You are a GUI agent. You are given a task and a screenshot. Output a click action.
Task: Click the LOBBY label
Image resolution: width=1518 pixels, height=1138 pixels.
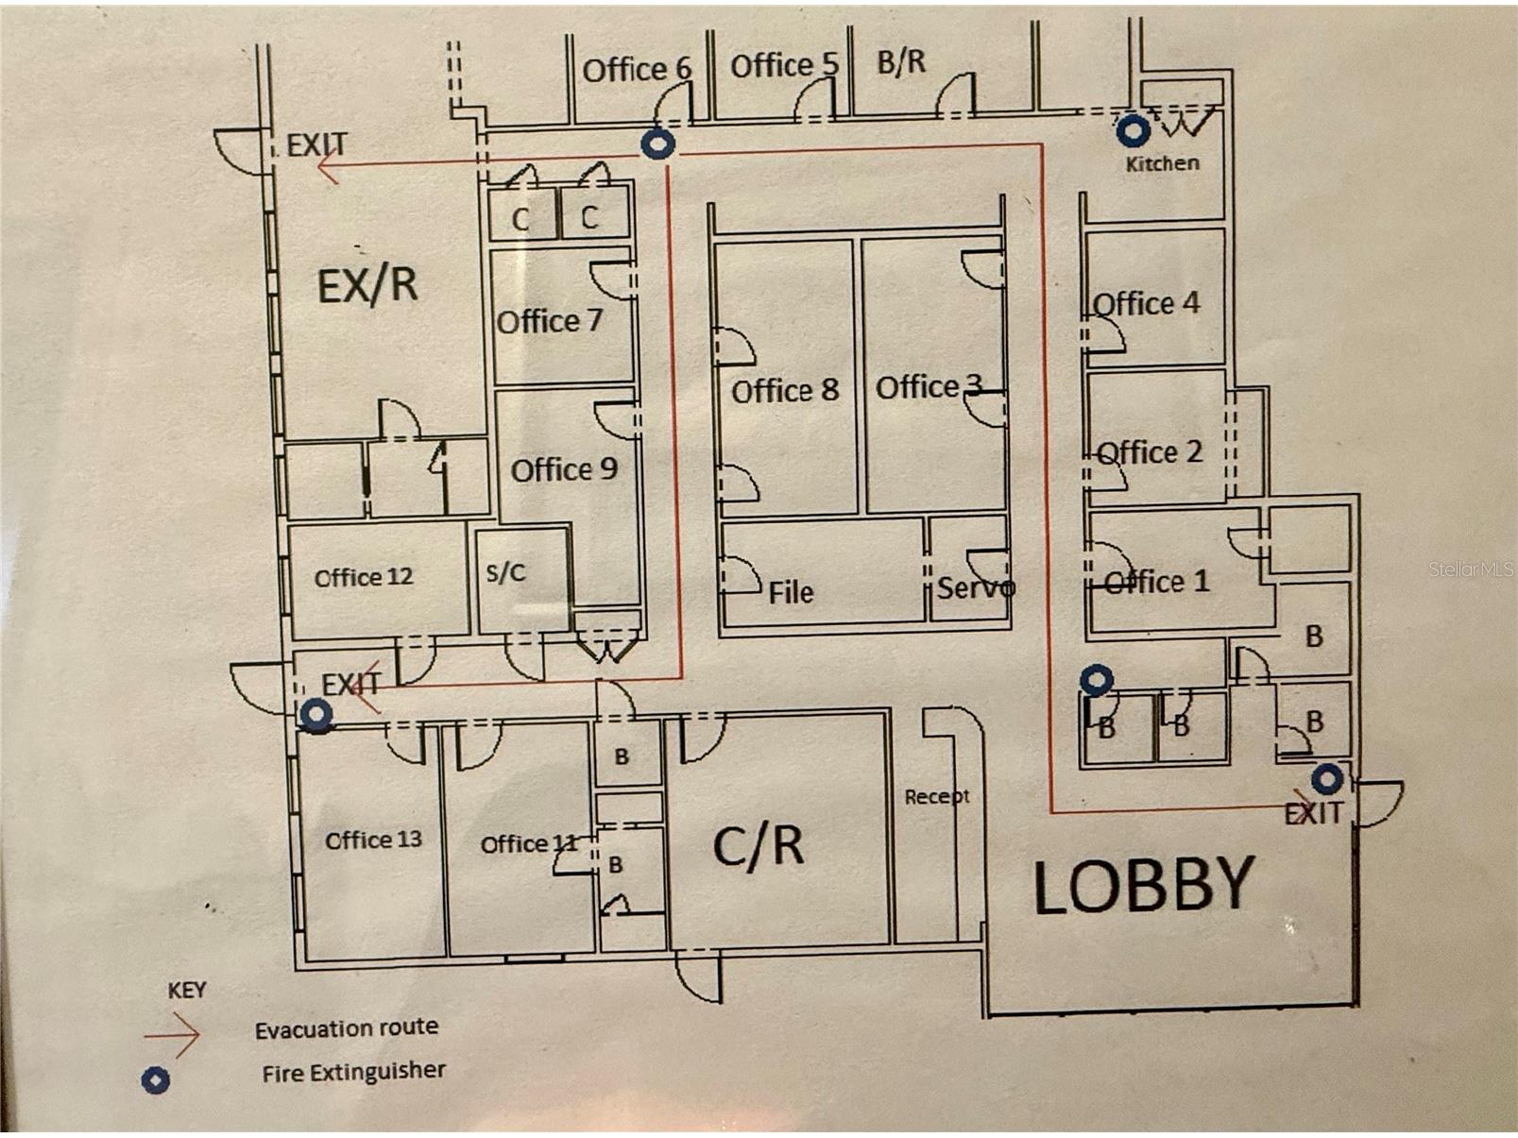pos(1143,884)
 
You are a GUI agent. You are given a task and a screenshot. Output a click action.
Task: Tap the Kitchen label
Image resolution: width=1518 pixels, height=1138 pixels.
pos(1162,164)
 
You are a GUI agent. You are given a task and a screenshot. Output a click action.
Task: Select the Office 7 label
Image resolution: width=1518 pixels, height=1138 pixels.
pos(550,321)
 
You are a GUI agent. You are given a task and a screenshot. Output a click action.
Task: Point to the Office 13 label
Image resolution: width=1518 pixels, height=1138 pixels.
pos(373,840)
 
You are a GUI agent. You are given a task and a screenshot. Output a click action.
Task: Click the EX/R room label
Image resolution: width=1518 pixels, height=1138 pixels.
pos(367,284)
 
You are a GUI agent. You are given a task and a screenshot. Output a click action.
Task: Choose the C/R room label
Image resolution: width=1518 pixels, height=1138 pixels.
pos(758,845)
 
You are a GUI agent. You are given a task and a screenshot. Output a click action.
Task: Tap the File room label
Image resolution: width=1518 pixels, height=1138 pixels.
pos(792,592)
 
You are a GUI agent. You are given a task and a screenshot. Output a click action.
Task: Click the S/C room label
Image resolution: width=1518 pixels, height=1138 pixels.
pos(505,572)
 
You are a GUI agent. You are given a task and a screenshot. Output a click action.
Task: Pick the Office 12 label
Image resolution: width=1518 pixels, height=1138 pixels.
pos(363,577)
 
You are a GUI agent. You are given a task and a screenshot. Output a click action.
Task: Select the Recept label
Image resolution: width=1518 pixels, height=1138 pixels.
pos(937,797)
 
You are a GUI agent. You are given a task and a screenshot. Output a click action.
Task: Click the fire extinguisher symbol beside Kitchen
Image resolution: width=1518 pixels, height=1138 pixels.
pos(1134,130)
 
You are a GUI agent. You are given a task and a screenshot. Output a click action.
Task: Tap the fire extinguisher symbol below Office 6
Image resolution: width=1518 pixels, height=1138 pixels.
pos(657,144)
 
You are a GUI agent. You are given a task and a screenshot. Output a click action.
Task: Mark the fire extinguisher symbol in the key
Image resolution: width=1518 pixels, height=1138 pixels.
pos(156,1079)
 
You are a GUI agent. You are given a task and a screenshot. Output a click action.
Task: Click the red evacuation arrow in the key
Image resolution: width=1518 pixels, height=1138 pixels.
pos(172,1035)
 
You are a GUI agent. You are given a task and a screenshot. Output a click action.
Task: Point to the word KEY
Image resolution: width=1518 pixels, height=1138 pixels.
pos(187,990)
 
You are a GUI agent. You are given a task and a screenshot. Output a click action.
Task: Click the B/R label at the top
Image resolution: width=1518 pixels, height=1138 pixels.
pos(901,62)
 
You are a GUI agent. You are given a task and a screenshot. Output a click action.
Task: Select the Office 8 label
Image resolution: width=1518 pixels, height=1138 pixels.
pos(785,391)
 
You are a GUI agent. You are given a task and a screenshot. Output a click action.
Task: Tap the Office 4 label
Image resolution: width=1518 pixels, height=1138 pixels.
pos(1147,303)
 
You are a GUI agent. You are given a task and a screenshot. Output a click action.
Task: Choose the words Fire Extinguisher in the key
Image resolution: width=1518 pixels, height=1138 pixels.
pos(353,1072)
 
